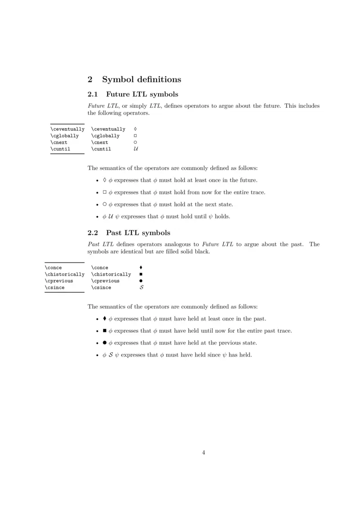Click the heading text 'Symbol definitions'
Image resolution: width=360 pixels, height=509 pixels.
tap(141, 80)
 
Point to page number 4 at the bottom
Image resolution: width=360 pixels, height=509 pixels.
tap(203, 452)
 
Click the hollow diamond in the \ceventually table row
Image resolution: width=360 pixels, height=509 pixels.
tap(135, 129)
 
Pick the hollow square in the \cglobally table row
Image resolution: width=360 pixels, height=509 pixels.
tap(135, 136)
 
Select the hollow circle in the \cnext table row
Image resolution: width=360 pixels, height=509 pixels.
tap(135, 143)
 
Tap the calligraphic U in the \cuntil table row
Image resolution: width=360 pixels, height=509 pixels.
tap(135, 149)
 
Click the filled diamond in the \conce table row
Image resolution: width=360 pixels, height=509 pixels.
tap(141, 268)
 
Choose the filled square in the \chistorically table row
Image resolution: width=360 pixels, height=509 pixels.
tap(141, 274)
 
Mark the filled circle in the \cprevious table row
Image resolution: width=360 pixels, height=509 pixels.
tap(141, 281)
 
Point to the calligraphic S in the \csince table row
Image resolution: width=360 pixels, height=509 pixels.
tap(141, 287)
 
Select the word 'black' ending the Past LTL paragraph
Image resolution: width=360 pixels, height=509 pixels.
tap(202, 251)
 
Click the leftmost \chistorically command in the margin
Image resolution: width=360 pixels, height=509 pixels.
tap(64, 274)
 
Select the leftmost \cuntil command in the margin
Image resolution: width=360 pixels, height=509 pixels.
tap(60, 149)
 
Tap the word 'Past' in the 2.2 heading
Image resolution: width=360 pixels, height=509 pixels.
tap(114, 233)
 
